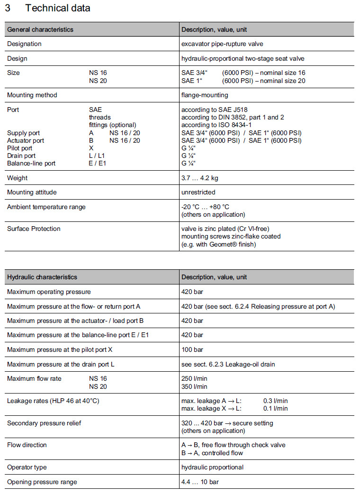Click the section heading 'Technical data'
58,8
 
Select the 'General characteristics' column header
40,29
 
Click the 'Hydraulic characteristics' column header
42,277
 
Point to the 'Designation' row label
24,44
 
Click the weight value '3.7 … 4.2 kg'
199,178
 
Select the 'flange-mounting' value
205,95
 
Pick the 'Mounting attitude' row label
31,192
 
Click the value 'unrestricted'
198,192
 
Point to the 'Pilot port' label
20,148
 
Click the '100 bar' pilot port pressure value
192,350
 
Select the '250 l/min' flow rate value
194,379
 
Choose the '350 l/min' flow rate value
194,386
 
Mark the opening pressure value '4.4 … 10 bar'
200,482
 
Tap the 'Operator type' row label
27,467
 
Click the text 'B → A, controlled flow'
212,453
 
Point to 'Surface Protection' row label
34,229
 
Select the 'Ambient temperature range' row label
46,207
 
